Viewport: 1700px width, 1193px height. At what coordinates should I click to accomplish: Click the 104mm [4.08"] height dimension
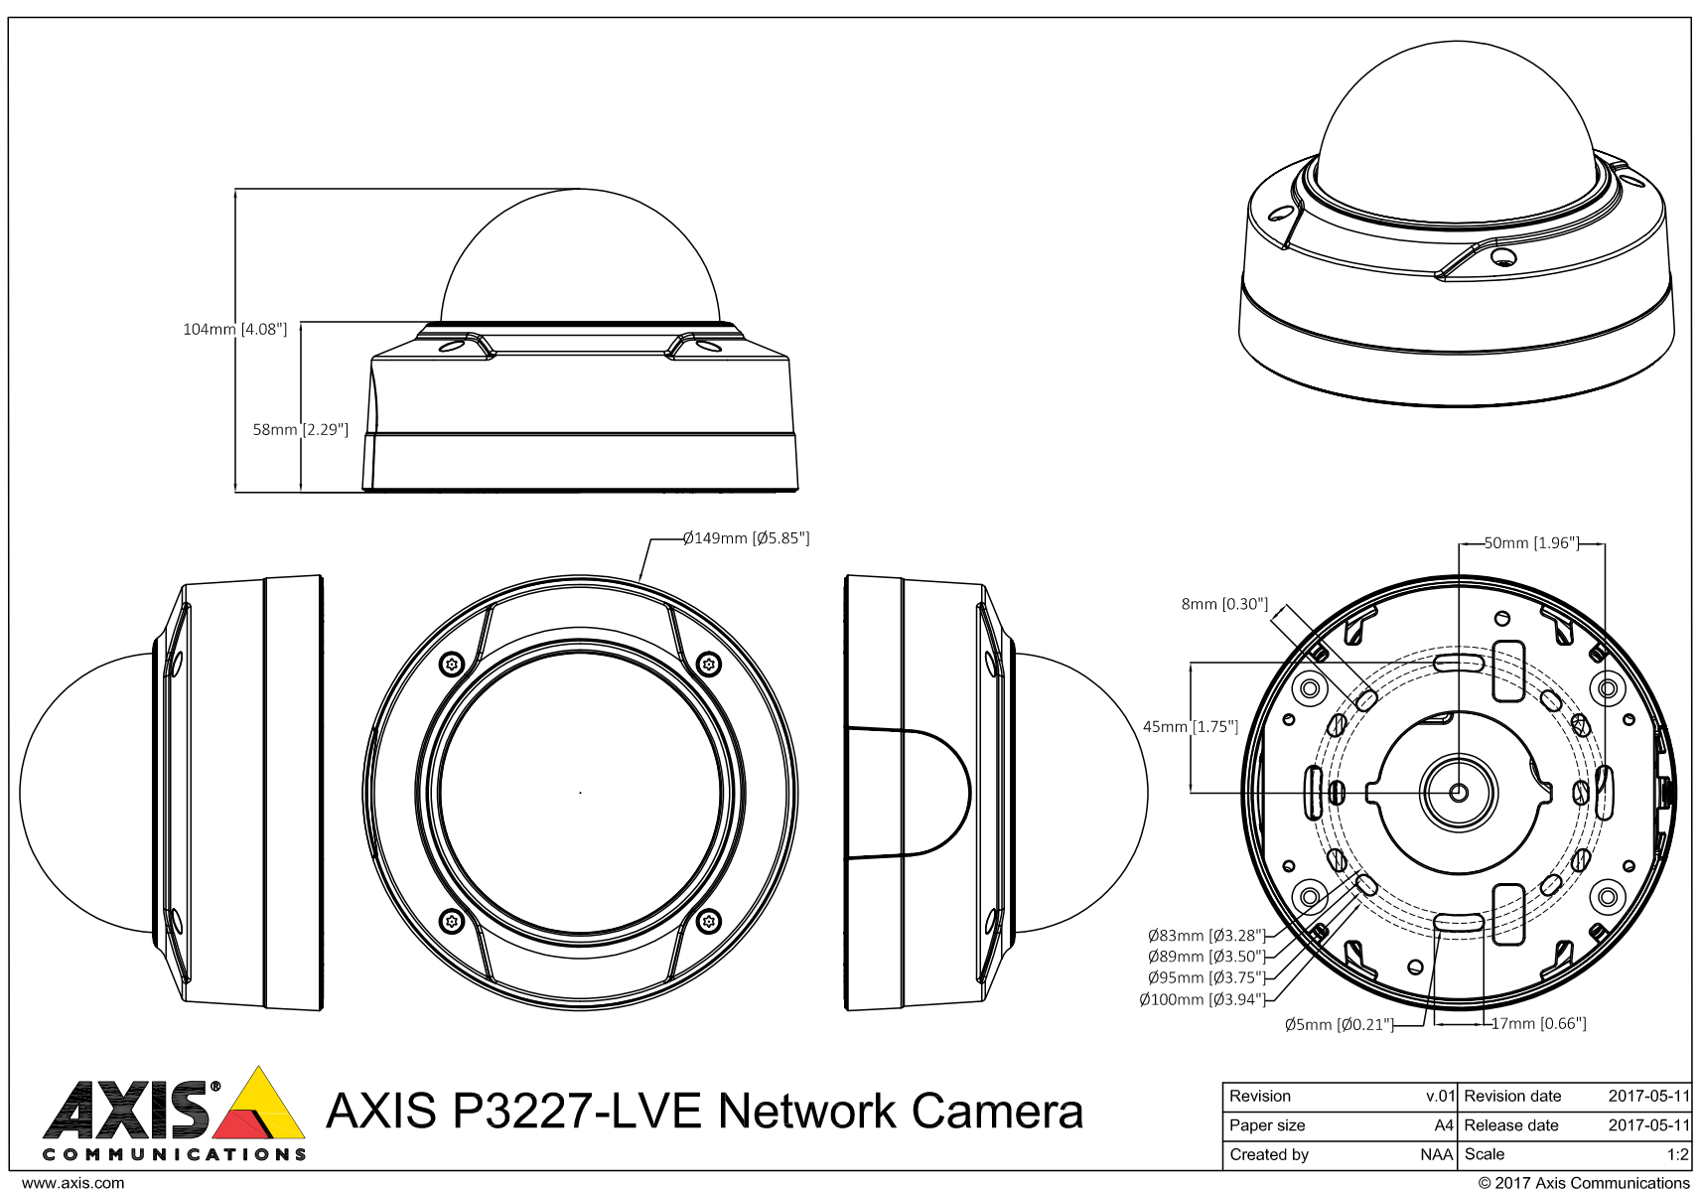(x=234, y=329)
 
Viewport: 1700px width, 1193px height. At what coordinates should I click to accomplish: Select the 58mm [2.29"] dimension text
(x=301, y=430)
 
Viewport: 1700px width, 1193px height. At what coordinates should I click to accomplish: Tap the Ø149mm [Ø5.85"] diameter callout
(x=746, y=538)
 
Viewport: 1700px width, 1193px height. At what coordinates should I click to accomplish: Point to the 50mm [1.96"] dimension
(x=1531, y=543)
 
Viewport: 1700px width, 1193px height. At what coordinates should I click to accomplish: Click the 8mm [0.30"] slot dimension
(x=1224, y=604)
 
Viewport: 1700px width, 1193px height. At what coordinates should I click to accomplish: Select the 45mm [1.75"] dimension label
(x=1191, y=727)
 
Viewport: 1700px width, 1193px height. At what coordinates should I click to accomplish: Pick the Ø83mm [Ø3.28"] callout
(x=1205, y=936)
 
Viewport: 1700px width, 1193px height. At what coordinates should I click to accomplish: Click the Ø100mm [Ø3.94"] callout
(x=1202, y=1000)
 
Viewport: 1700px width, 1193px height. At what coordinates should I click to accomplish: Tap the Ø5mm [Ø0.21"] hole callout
(x=1338, y=1025)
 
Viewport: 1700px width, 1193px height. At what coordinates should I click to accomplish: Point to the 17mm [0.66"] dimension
(x=1538, y=1024)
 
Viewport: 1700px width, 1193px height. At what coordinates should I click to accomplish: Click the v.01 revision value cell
(x=1440, y=1097)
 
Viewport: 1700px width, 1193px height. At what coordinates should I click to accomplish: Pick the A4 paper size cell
(x=1444, y=1125)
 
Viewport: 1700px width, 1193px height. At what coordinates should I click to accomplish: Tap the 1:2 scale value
(x=1677, y=1155)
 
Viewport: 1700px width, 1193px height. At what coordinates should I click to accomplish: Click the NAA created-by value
(x=1436, y=1155)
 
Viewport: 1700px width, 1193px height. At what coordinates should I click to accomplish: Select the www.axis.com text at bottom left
(x=73, y=1183)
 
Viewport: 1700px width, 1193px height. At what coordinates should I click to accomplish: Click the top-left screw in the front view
(x=452, y=664)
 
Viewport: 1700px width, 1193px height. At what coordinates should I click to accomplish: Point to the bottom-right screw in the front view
(x=708, y=921)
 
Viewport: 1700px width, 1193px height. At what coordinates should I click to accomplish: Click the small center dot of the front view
(x=580, y=793)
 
